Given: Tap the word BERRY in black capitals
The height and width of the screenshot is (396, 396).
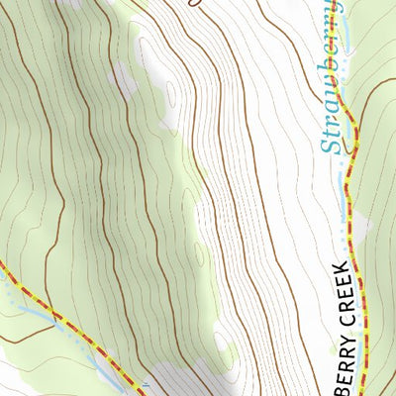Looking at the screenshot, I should [x=341, y=361].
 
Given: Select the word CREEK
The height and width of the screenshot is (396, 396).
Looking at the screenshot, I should [x=341, y=293].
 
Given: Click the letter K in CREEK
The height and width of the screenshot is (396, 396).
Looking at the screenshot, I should [x=341, y=267].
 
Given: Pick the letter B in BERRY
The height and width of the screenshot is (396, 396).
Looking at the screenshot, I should [x=341, y=389].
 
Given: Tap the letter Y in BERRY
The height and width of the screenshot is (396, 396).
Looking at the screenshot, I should [x=341, y=337].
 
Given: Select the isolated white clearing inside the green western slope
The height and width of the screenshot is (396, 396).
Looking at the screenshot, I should [x=125, y=79].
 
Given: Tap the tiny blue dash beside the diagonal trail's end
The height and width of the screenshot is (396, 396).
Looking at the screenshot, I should [x=146, y=384].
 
